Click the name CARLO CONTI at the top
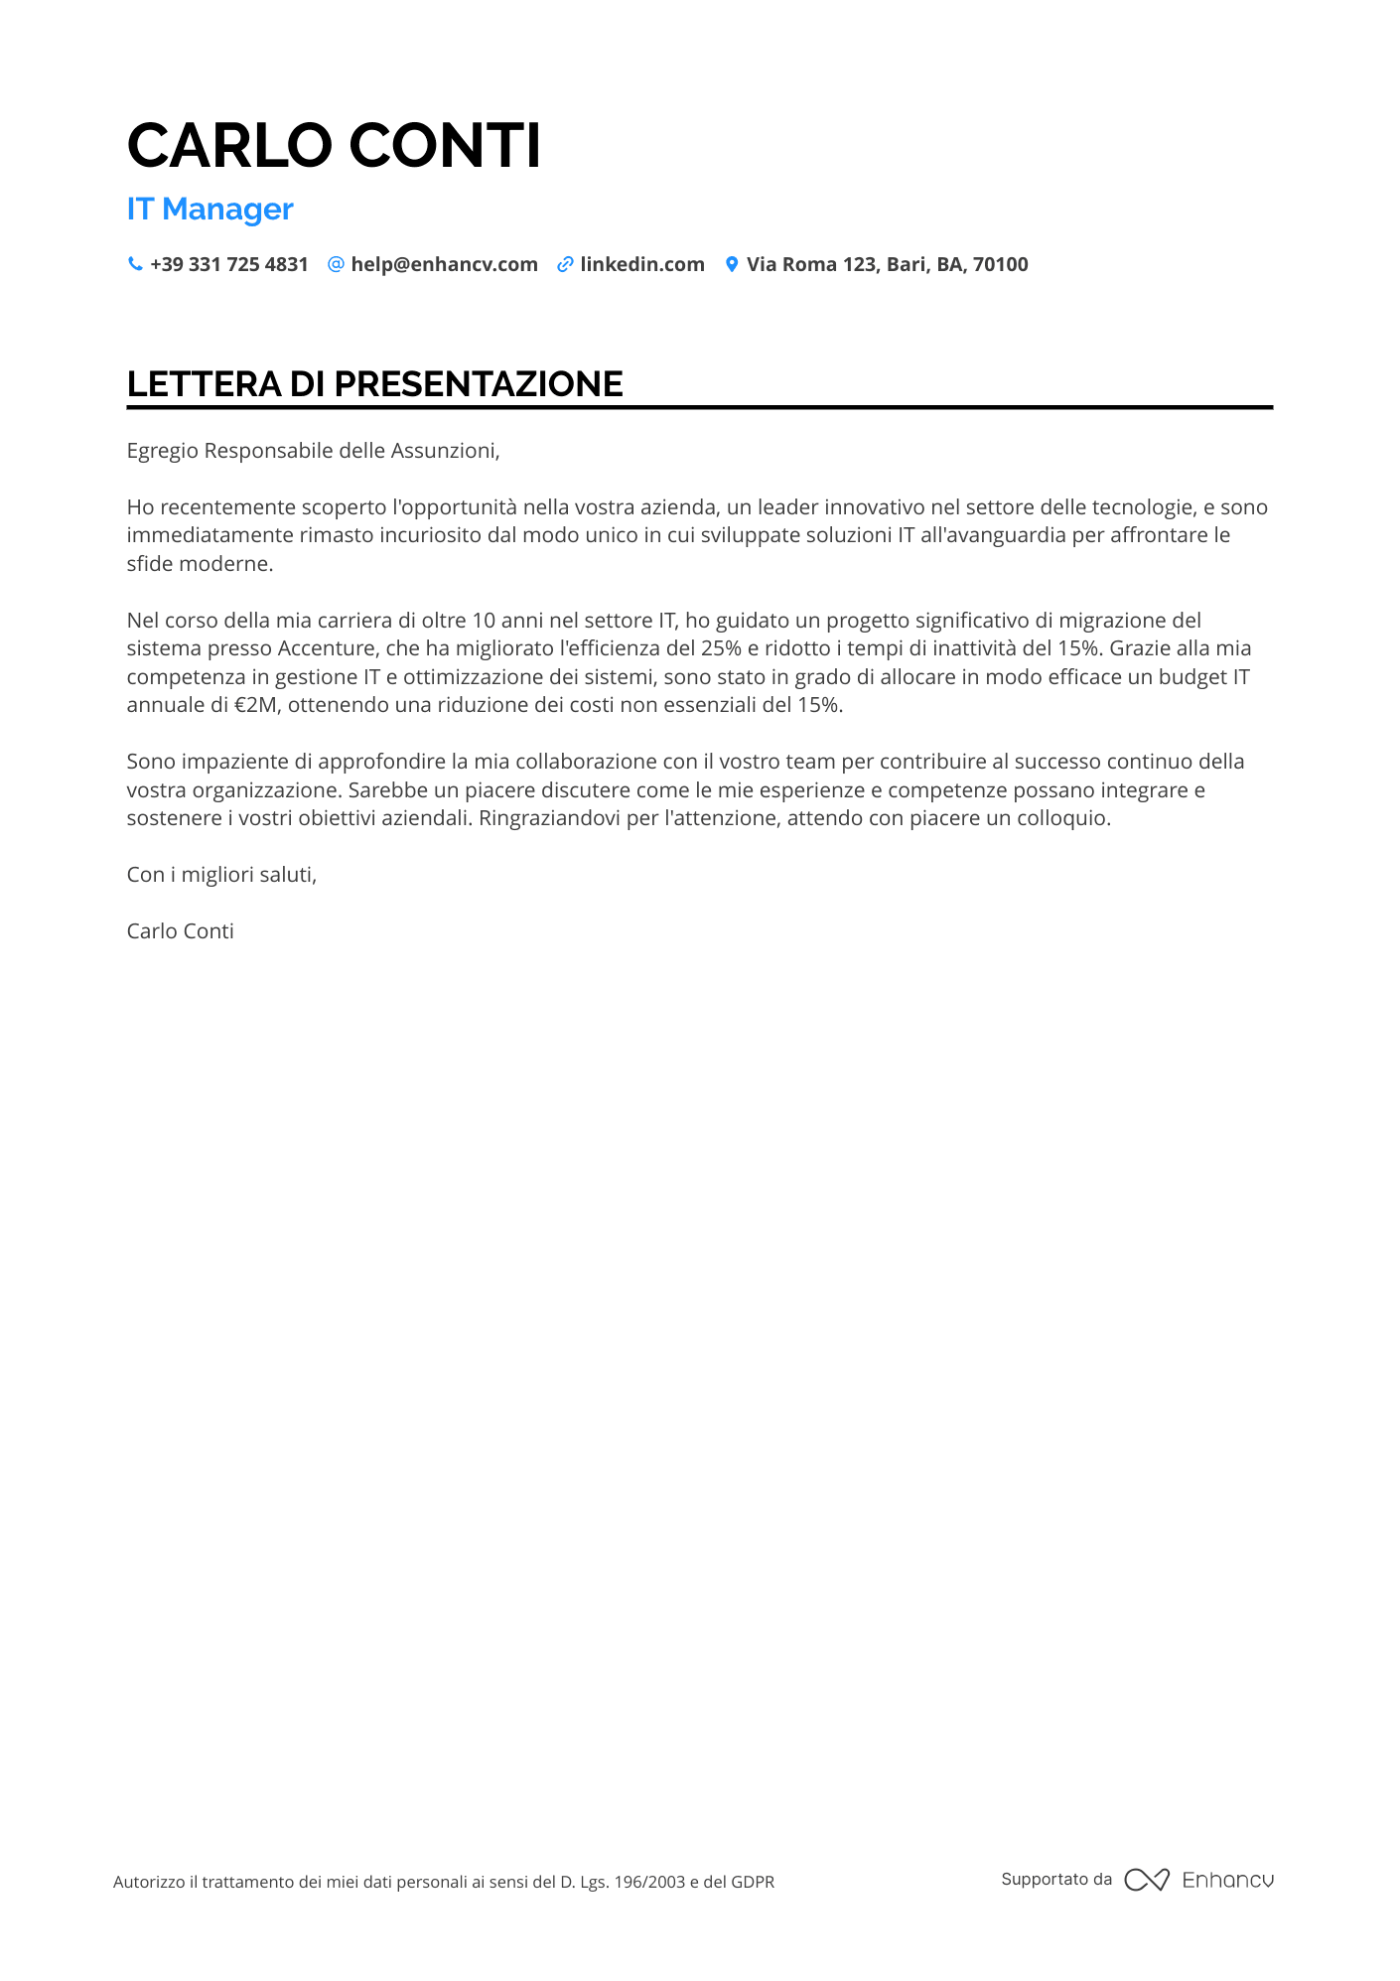tap(334, 146)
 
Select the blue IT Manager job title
tap(210, 210)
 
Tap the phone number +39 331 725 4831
tap(228, 265)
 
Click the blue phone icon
tap(135, 264)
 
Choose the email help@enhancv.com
tap(444, 265)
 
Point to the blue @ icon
tap(336, 264)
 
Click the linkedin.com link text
tap(641, 265)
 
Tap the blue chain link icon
tap(565, 264)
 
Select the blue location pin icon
tap(732, 264)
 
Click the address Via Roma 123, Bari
tap(887, 265)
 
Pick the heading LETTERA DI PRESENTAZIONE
tap(374, 384)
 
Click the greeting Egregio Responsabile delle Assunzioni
tap(313, 451)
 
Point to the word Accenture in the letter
tap(324, 648)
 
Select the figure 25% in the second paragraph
tap(720, 648)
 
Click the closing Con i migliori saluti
tap(221, 875)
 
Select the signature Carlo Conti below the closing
tap(180, 931)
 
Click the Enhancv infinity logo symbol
tap(1147, 1880)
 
